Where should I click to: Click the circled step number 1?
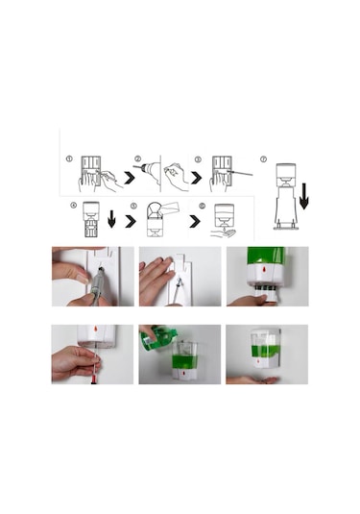tap(69, 159)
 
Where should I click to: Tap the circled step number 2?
tap(138, 159)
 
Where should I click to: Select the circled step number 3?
tap(199, 159)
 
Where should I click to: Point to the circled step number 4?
tap(73, 205)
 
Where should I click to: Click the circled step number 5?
tap(133, 205)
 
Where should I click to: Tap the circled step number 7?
tap(264, 159)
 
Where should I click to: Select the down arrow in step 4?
tap(111, 219)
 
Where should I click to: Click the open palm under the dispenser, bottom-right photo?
tap(252, 379)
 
